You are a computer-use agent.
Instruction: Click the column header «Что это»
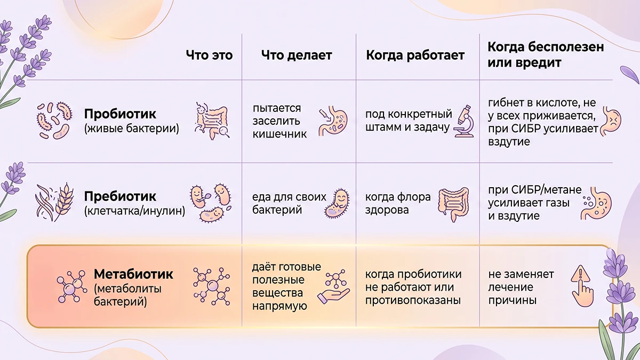pos(209,55)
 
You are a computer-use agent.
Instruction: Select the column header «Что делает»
pos(297,55)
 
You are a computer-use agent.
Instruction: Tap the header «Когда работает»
pos(415,55)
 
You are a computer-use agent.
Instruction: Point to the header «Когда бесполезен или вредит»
pos(546,54)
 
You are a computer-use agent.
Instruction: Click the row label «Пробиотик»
pos(120,114)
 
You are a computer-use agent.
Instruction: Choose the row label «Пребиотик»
pos(120,196)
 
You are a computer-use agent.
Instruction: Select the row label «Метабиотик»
pos(133,274)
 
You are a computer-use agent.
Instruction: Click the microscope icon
pos(463,121)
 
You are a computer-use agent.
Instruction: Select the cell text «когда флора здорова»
pos(398,203)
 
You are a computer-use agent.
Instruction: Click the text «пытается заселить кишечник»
pos(279,121)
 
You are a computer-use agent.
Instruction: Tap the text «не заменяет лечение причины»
pos(521,287)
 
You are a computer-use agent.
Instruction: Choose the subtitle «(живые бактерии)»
pos(132,129)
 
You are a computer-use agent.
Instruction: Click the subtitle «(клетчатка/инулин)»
pos(134,211)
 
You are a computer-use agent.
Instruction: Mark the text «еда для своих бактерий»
pos(289,203)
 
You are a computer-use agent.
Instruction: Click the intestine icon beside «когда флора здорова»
pos(454,204)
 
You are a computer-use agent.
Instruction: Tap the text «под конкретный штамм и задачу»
pos(409,121)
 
